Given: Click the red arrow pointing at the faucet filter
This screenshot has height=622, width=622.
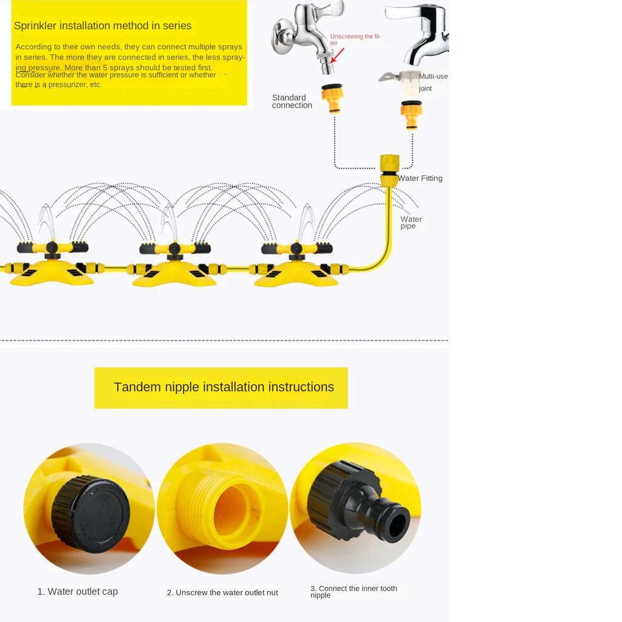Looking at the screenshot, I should point(337,55).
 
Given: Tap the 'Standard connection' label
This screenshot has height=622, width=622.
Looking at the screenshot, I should point(292,101).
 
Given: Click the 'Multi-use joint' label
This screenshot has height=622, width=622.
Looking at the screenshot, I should point(432,82).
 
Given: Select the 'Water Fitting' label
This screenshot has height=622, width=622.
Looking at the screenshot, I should point(420,178).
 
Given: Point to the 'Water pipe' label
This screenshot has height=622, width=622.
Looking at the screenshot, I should point(411,222).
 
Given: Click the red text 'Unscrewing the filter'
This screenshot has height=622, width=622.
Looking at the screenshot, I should point(355,39).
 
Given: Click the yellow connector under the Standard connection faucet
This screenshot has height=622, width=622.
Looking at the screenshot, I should point(332,98).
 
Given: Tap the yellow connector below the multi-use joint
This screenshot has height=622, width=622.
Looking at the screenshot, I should point(411,115).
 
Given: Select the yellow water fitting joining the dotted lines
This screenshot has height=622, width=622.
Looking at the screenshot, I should point(389,170).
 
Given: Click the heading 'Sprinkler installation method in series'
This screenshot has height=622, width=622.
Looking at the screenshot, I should point(103,26).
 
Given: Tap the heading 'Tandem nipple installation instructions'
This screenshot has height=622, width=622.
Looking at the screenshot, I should point(224,387).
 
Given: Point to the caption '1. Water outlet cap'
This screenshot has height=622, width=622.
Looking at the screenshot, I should point(77,592).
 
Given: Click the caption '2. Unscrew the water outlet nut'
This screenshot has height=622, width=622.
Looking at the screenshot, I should point(222,592).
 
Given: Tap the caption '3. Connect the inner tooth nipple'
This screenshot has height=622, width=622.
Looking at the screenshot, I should point(354,592).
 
